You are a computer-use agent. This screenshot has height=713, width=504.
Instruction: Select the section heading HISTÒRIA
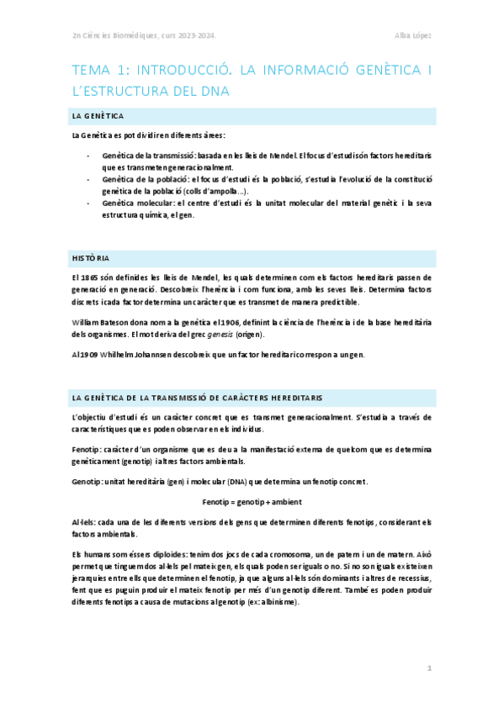click(x=90, y=257)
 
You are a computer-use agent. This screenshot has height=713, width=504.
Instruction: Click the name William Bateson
click(x=101, y=322)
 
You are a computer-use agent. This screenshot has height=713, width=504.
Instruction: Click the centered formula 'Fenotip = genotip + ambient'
click(x=252, y=502)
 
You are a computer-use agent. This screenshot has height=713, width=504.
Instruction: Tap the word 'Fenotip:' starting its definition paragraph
click(x=89, y=450)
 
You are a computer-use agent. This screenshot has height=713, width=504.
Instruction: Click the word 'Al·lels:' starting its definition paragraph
click(x=87, y=522)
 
